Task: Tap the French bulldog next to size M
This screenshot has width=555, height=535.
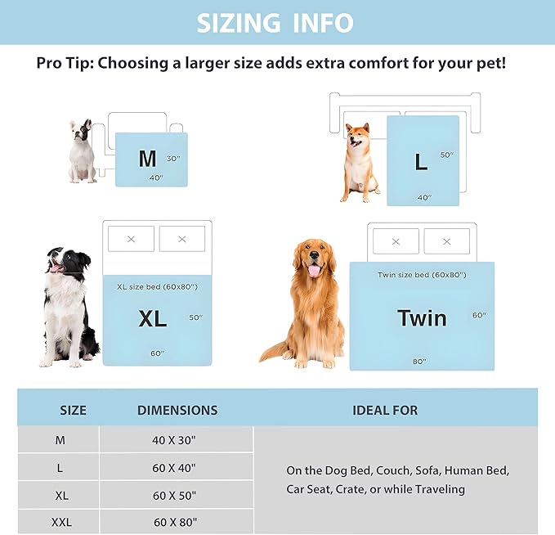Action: [81, 151]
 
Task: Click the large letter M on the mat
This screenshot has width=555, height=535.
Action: [147, 159]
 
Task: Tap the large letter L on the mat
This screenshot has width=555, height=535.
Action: [421, 162]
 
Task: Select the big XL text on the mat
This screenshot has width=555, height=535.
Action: [153, 319]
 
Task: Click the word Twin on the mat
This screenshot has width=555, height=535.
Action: [422, 317]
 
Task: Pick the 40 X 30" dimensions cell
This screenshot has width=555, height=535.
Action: [175, 440]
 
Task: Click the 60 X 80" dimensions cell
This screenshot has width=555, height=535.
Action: [175, 522]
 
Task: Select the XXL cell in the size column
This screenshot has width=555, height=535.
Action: [60, 522]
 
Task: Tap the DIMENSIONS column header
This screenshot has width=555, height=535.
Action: [177, 410]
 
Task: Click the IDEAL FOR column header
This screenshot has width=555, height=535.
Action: [384, 410]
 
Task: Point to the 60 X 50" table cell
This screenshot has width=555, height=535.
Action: [175, 496]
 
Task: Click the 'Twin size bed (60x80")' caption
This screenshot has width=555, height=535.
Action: [422, 275]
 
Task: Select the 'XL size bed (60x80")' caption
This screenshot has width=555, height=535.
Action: [157, 286]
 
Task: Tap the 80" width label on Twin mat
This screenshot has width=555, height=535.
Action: [419, 362]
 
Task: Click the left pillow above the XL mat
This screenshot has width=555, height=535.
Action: [131, 239]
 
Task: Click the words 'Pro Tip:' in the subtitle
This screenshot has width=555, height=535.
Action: [66, 63]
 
